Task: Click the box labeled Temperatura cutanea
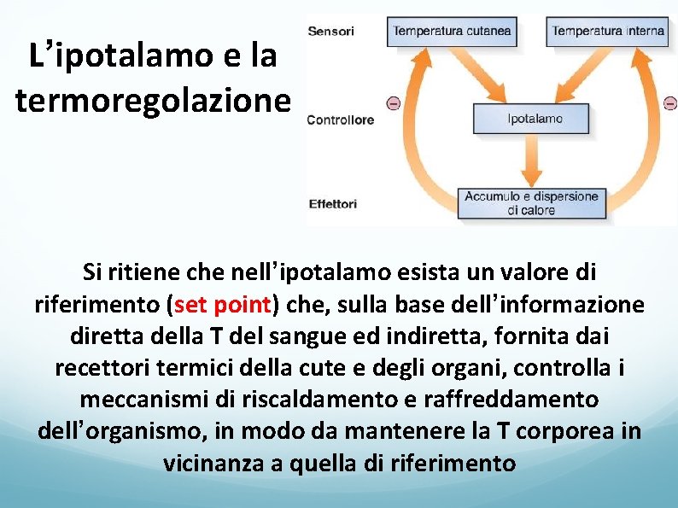453,32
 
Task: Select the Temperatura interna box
608,32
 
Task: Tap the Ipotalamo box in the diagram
532,119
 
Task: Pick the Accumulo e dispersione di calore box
531,203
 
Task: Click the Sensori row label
330,32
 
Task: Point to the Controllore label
340,120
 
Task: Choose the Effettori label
332,204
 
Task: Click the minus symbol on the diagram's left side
393,103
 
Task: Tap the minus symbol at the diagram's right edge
670,103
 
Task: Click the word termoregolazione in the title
153,101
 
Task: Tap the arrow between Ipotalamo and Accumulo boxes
531,161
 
